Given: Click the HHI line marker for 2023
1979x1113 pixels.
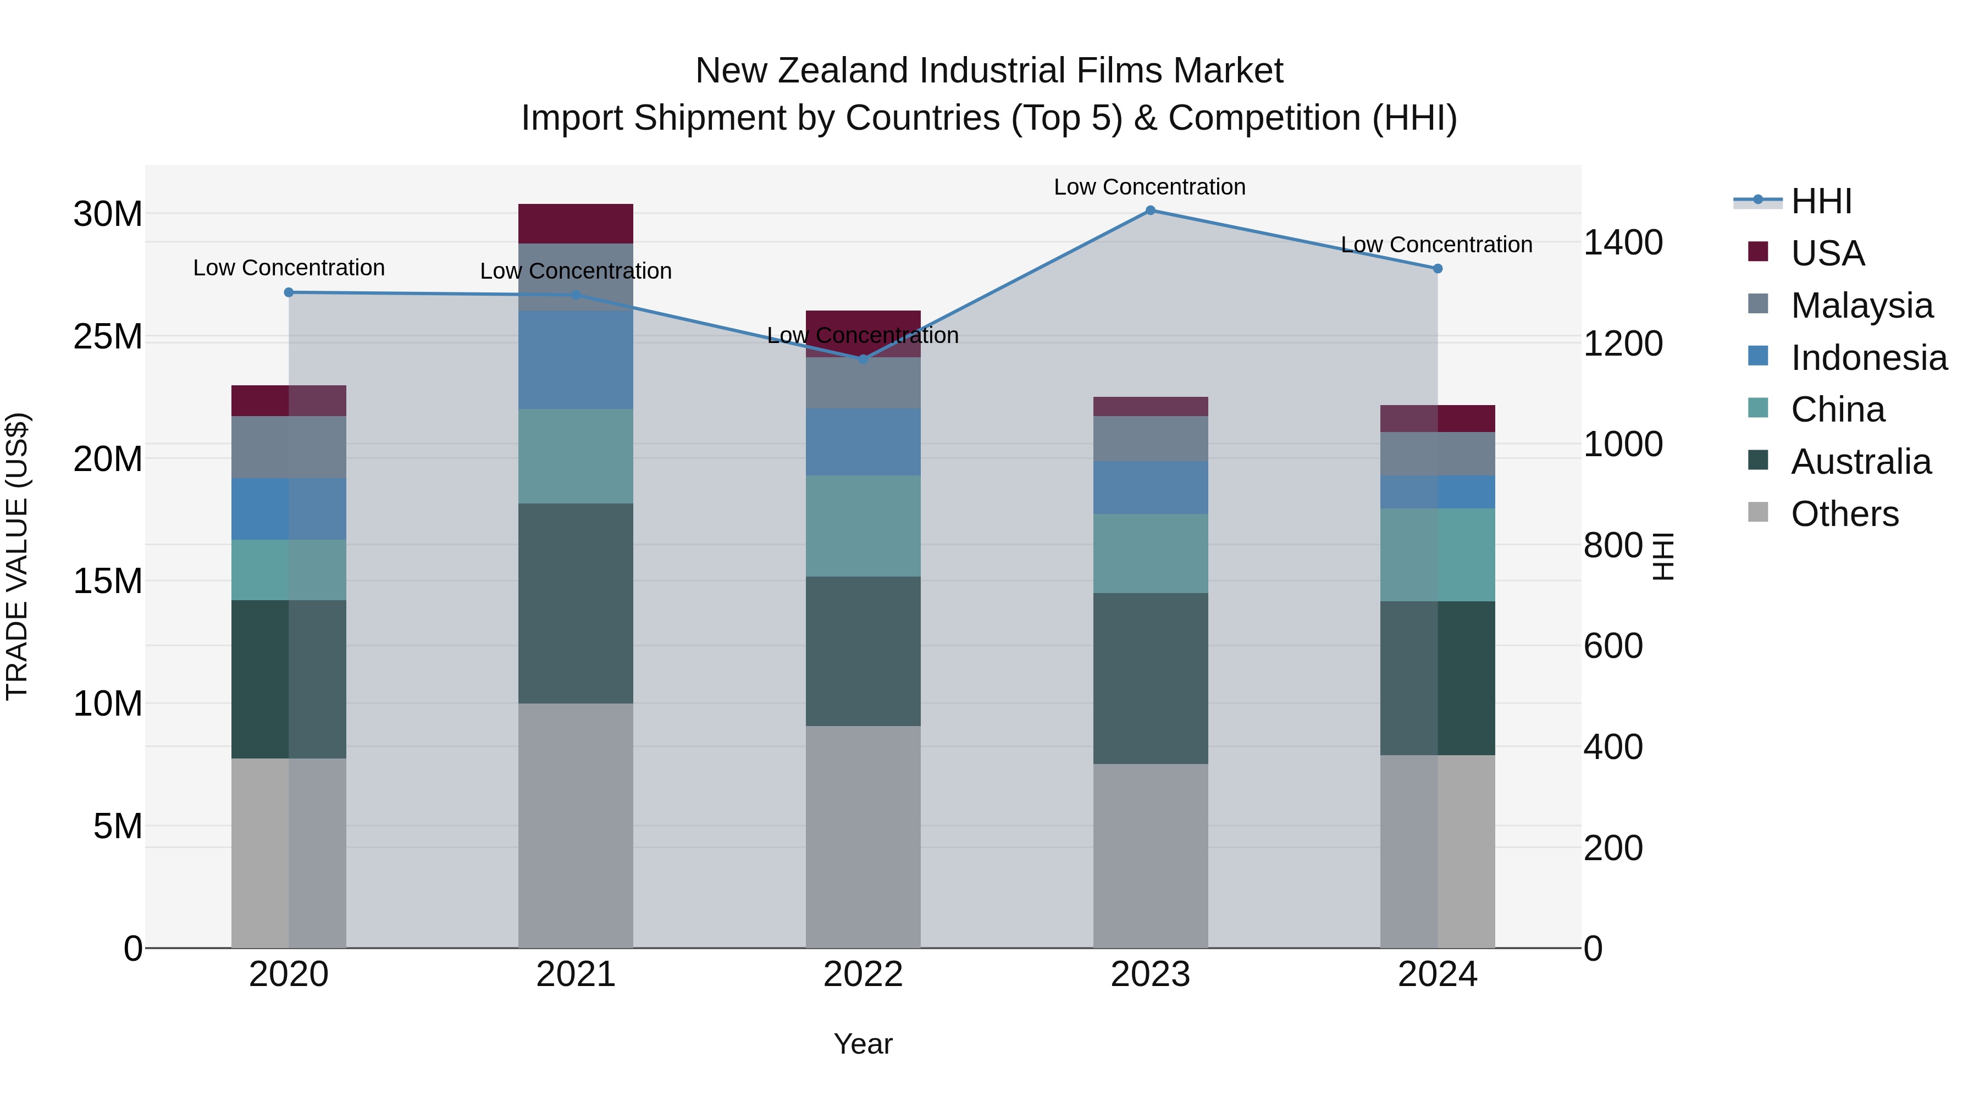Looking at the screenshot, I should (x=1150, y=211).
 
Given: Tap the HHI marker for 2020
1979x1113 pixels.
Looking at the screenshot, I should (x=289, y=292).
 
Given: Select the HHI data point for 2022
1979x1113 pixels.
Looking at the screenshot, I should (x=863, y=359).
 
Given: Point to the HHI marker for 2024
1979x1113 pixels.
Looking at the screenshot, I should (x=1438, y=269).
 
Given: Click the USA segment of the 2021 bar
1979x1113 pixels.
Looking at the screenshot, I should (x=576, y=224).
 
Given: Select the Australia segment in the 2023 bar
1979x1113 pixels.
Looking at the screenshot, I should (x=1150, y=678).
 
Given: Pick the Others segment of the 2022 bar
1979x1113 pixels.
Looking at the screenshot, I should (x=863, y=837).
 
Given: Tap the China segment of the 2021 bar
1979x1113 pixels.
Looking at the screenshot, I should (x=576, y=456).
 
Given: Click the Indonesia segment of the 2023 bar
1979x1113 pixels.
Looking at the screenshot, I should (x=1150, y=488).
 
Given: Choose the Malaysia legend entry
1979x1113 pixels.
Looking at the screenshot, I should (x=1861, y=306).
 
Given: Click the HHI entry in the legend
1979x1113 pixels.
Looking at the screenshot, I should (x=1821, y=201).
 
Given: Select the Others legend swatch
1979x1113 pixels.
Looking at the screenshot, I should (x=1758, y=512).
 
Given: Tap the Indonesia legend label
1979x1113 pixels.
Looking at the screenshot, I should (x=1869, y=358).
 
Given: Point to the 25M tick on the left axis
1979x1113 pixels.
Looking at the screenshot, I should (x=108, y=336).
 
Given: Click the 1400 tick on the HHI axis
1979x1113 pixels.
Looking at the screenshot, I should (x=1623, y=243).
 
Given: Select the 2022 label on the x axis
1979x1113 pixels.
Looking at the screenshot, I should (x=863, y=974).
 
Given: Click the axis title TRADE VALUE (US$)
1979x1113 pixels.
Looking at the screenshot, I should (x=17, y=556).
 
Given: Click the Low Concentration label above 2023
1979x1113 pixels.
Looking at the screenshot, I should (x=1149, y=187).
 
